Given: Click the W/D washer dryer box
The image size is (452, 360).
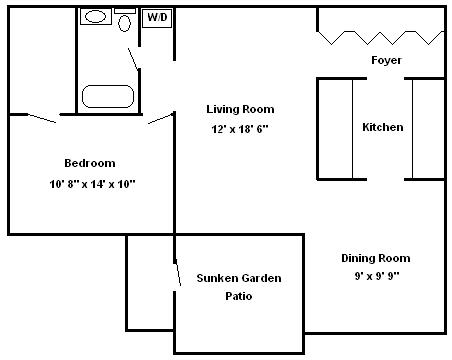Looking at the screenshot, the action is pyautogui.click(x=157, y=18).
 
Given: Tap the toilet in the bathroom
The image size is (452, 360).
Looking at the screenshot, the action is pyautogui.click(x=125, y=23).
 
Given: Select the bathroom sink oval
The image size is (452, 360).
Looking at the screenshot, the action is pyautogui.click(x=96, y=16).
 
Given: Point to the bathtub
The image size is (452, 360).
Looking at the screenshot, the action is pyautogui.click(x=108, y=97).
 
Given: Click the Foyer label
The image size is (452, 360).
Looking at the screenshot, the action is pyautogui.click(x=386, y=60).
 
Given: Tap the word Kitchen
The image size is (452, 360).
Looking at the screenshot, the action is pyautogui.click(x=383, y=127).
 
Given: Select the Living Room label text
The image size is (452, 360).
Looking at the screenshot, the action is pyautogui.click(x=240, y=109).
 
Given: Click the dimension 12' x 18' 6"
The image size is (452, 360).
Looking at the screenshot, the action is pyautogui.click(x=240, y=129).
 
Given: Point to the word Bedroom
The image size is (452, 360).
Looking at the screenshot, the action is pyautogui.click(x=90, y=163).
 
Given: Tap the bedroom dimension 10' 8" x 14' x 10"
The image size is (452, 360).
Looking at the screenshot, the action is pyautogui.click(x=92, y=184).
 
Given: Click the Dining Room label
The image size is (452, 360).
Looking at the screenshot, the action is pyautogui.click(x=376, y=258).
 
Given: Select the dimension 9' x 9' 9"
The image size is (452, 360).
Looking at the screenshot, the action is pyautogui.click(x=377, y=276).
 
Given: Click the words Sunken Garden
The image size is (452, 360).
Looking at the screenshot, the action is pyautogui.click(x=239, y=278).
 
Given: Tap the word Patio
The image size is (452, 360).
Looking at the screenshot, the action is pyautogui.click(x=239, y=296).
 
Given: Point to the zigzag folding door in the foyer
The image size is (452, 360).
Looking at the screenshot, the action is pyautogui.click(x=380, y=38).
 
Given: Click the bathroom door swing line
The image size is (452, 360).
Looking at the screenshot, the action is pyautogui.click(x=133, y=59).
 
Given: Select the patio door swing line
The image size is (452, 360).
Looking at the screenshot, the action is pyautogui.click(x=178, y=274).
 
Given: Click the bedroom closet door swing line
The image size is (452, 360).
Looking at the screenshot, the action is pyautogui.click(x=42, y=118).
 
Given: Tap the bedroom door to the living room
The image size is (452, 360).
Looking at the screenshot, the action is pyautogui.click(x=160, y=119).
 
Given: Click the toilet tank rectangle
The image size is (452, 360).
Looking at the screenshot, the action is pyautogui.click(x=125, y=11).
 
